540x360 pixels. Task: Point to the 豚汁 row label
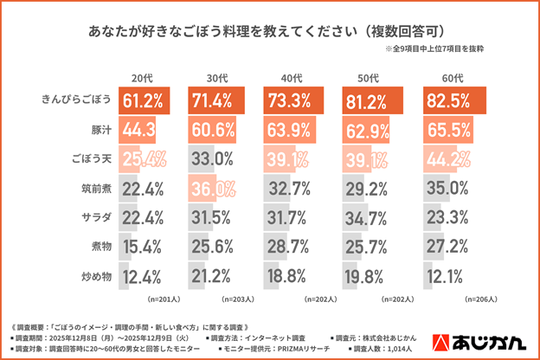(x=97, y=130)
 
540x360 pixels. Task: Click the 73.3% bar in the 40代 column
(x=295, y=100)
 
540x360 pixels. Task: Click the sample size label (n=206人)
(x=480, y=299)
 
